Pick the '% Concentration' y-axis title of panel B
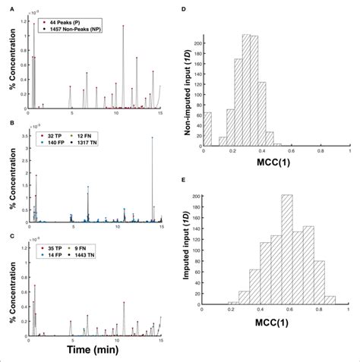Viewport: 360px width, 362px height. pos(10,176)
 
